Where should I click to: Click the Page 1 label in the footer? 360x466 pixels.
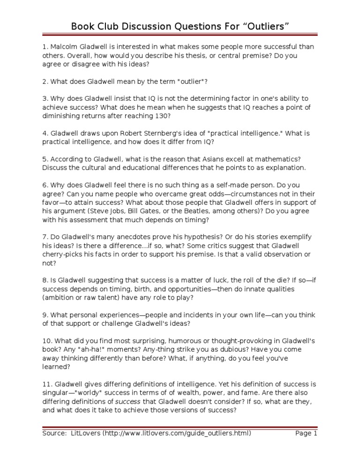click(306, 434)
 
